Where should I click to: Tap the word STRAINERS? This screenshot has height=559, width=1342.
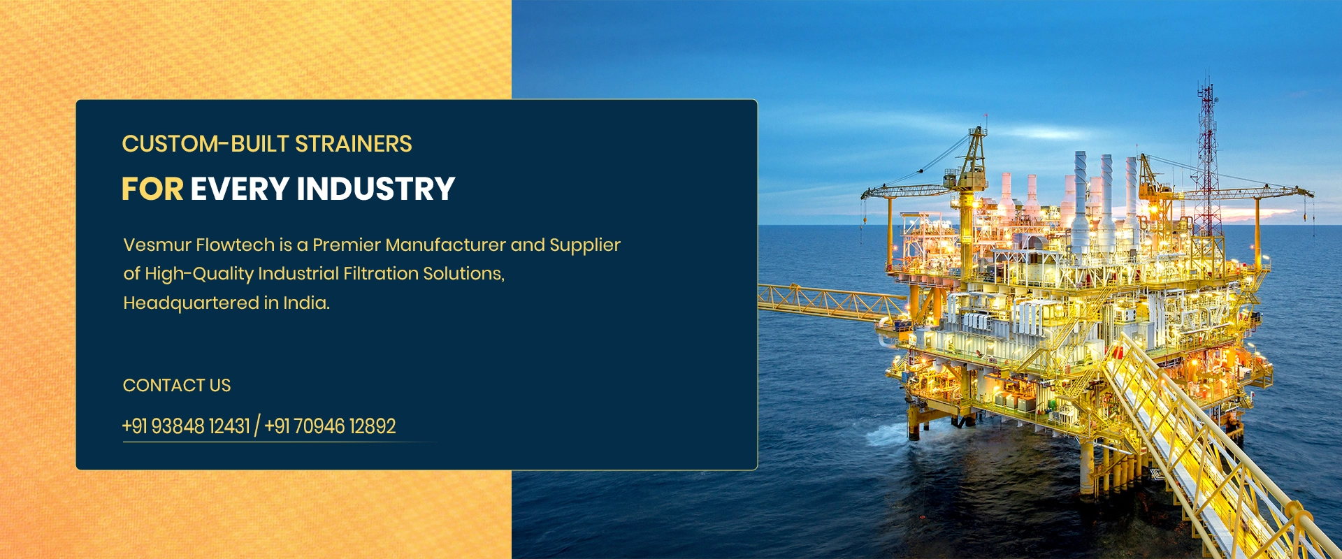click(354, 144)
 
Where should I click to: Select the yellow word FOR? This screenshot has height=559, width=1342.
click(152, 189)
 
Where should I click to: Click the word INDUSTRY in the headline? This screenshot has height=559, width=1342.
click(376, 189)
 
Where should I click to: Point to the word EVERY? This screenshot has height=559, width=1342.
click(240, 189)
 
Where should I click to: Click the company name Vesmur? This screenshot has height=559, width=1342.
click(157, 245)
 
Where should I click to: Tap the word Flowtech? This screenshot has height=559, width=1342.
click(235, 245)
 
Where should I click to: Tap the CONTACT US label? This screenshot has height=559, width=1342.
click(177, 385)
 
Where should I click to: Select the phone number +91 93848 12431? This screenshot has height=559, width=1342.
click(186, 426)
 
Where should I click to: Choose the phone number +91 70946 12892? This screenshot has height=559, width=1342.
click(331, 426)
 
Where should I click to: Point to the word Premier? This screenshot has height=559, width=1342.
click(347, 245)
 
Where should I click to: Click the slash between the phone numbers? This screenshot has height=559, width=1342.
click(257, 426)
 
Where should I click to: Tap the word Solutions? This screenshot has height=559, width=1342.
click(463, 274)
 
